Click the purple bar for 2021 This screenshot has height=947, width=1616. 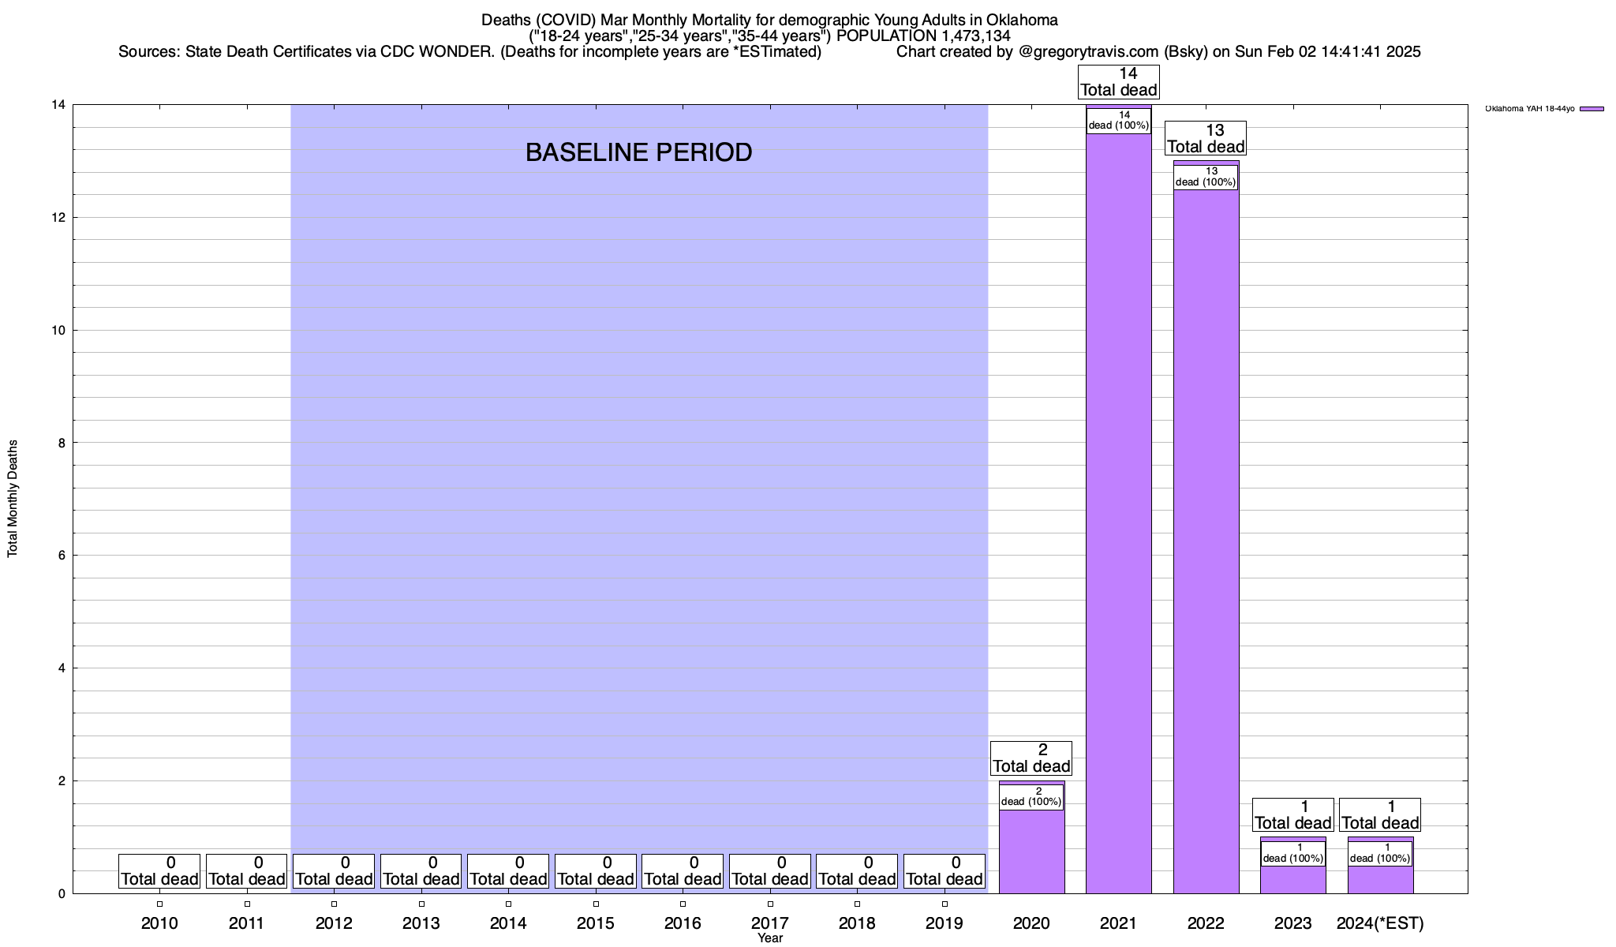(1118, 513)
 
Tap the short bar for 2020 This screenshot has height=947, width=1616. (1031, 852)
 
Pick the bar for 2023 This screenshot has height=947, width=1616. (1292, 880)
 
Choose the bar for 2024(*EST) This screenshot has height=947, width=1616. (1380, 880)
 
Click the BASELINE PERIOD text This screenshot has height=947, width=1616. (638, 152)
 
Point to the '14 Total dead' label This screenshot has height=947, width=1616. (1118, 82)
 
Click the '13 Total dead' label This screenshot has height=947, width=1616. (1206, 138)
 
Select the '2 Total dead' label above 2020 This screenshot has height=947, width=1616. (1031, 758)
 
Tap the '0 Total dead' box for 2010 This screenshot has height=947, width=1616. (159, 870)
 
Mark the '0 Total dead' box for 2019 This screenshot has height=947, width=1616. (945, 870)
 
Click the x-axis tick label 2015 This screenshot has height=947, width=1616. (596, 923)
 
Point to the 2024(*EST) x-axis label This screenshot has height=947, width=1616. (1380, 923)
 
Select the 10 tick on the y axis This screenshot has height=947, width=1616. (59, 330)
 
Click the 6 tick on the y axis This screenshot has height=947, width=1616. (62, 556)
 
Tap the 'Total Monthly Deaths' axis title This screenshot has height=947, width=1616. (13, 499)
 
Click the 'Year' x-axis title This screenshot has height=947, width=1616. (769, 938)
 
